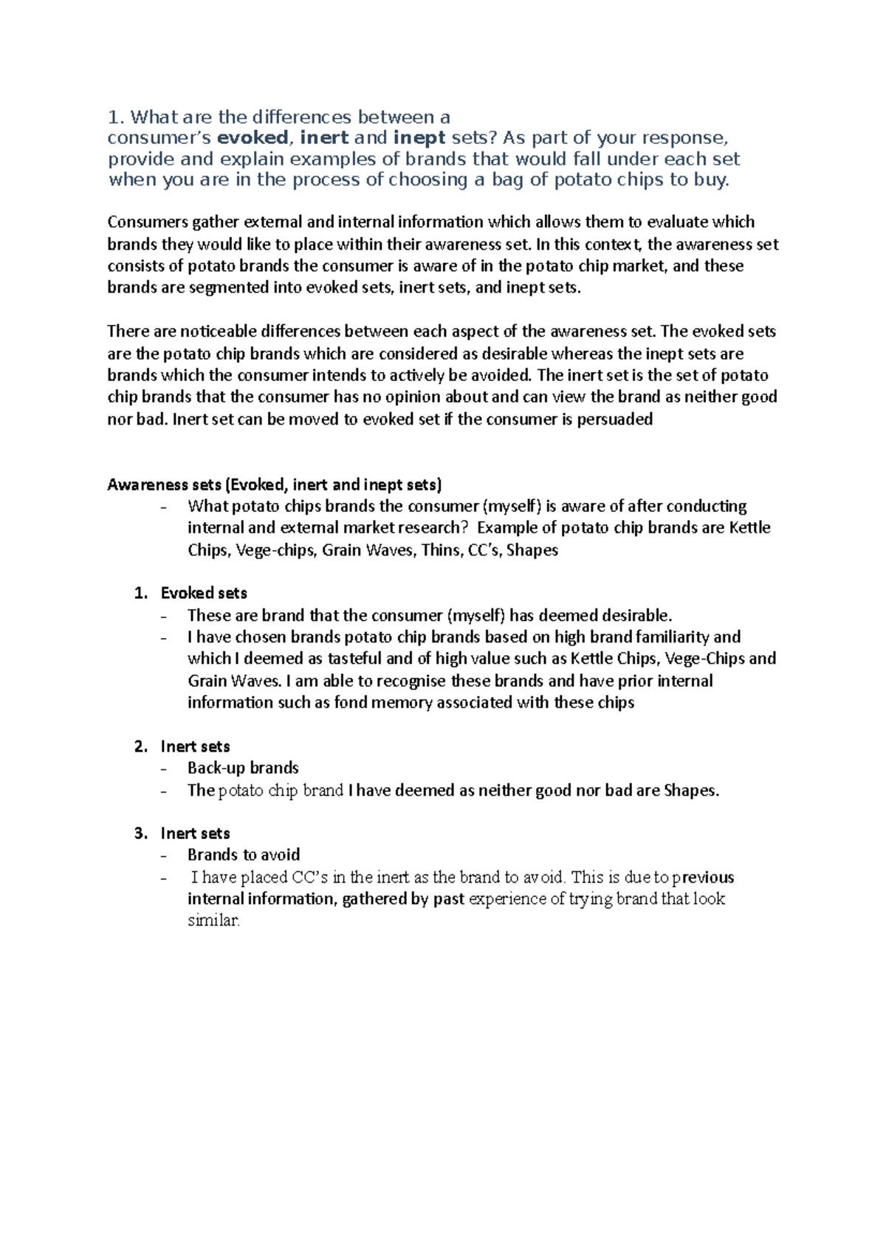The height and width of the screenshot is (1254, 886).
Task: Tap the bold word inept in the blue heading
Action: [419, 138]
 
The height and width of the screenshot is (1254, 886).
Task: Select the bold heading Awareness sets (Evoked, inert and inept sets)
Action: [275, 484]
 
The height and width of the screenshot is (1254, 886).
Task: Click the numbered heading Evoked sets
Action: [204, 593]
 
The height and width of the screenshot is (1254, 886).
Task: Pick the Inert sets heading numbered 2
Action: [195, 747]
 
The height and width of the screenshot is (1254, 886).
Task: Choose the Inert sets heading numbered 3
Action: [195, 834]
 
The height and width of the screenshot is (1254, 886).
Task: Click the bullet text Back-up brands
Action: [243, 768]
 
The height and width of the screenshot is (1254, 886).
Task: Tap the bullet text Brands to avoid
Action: [244, 855]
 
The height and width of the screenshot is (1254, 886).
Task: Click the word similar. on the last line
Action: [214, 921]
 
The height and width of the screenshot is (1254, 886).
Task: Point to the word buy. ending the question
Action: [711, 179]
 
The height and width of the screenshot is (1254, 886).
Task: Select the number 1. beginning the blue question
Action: [116, 117]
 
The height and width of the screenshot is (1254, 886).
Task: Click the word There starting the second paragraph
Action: [126, 332]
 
